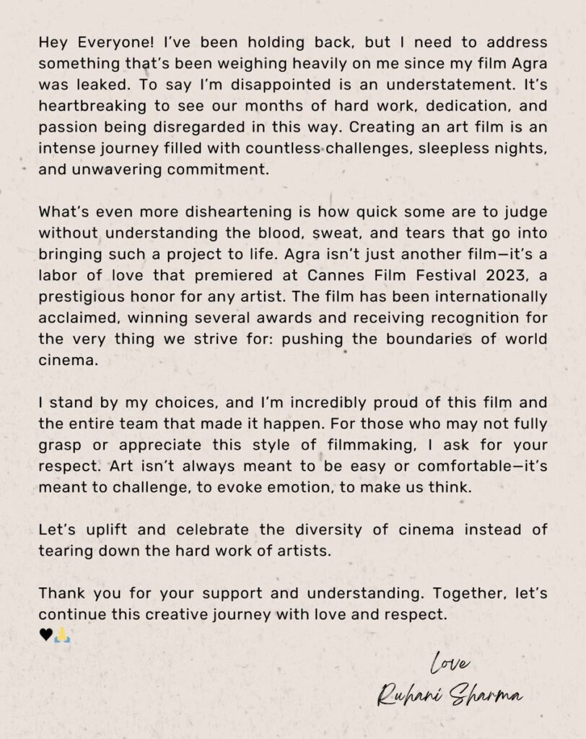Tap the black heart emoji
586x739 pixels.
[x=45, y=634]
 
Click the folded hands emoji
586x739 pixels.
[x=61, y=634]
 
